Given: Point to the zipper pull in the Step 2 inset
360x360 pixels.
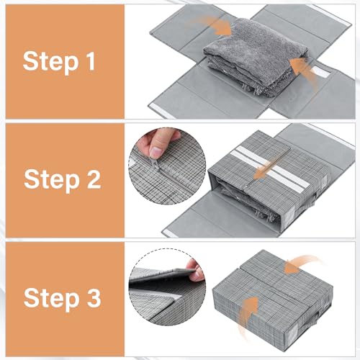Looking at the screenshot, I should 161,168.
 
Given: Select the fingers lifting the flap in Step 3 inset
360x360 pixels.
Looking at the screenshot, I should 192,271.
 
